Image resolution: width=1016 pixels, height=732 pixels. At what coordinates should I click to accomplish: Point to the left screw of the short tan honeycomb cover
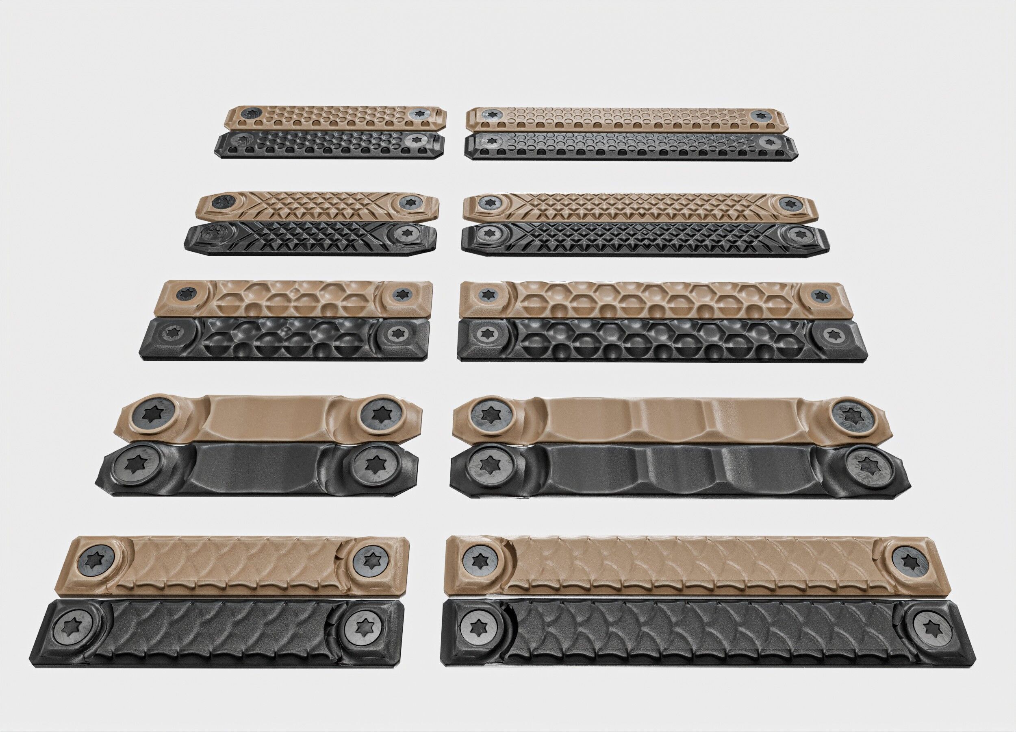click(185, 294)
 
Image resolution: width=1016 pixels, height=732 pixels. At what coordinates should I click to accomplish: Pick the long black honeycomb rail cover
click(662, 339)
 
